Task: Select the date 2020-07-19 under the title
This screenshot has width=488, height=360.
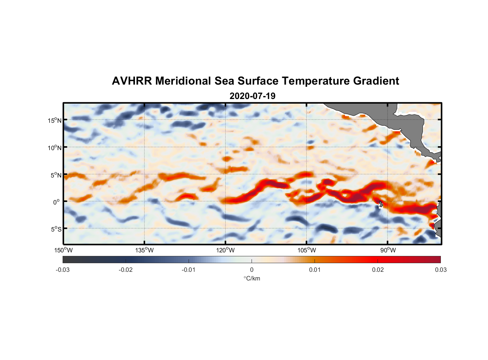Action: coord(252,96)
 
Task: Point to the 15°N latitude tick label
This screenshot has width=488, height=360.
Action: coord(55,120)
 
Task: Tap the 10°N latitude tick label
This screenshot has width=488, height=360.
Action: coord(55,148)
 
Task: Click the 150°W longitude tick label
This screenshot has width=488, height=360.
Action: coord(63,250)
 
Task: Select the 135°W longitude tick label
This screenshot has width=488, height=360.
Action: coord(144,250)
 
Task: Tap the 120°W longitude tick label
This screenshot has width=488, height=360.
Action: coord(225,250)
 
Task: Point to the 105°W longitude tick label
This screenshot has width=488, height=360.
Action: coord(307,250)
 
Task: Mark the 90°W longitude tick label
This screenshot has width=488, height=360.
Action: coord(388,250)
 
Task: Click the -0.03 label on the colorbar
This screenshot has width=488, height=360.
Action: coord(63,270)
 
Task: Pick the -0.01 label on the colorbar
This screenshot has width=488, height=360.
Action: coord(189,270)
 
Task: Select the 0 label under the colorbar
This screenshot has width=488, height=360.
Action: coord(252,270)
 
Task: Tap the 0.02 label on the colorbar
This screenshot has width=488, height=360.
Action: coord(378,270)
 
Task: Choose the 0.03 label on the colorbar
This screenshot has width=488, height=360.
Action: coord(440,270)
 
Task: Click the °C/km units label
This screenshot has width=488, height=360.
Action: coord(252,278)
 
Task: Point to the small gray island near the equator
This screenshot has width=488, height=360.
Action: coord(381,204)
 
